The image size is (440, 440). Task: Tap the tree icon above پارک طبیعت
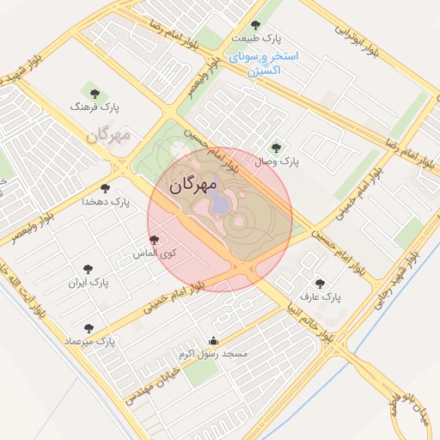[254, 25]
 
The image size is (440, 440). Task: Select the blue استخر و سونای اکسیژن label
[263, 64]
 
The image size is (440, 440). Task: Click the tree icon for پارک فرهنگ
[94, 93]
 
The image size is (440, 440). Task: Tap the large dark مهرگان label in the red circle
[193, 184]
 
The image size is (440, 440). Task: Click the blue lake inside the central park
[219, 203]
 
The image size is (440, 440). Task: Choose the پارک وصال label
[276, 161]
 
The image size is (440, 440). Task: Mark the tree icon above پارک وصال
[276, 147]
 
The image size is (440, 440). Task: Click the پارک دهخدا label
[106, 201]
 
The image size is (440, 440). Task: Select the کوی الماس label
[155, 254]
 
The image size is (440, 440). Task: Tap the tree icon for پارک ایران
[87, 269]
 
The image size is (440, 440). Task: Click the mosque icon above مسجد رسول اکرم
[214, 339]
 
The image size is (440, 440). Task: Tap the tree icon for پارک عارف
[320, 283]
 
